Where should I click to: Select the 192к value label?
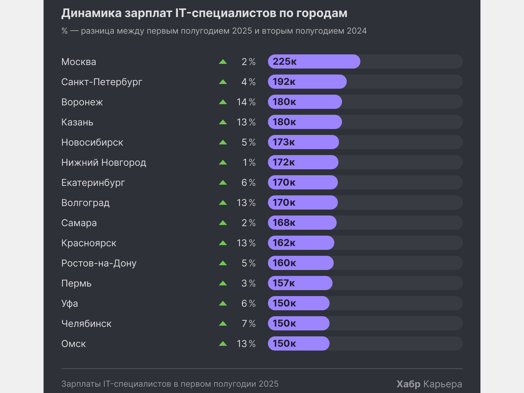coord(284,82)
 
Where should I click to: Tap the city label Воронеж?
coord(82,102)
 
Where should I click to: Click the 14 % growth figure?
coord(246,102)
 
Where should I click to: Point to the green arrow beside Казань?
coord(223,122)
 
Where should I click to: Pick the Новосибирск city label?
coord(92,142)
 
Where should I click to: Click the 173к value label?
coord(284,142)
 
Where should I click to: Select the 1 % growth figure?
coord(249,163)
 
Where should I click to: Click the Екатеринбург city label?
coord(93,183)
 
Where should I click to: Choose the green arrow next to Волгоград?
coord(223,203)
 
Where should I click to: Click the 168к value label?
coord(284,223)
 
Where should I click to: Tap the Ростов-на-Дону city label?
coord(99,263)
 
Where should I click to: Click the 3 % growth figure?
coord(248,283)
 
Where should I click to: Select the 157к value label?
coord(284,283)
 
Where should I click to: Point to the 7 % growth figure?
coord(248,324)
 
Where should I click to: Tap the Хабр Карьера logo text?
coord(429,384)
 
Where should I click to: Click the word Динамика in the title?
coord(91,13)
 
